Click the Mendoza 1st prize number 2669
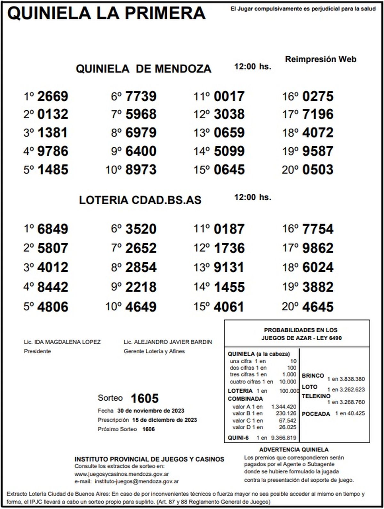tap(53, 96)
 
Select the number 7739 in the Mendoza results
tap(141, 96)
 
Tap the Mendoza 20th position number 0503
tap(318, 170)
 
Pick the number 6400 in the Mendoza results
tap(141, 151)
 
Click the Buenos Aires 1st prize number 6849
tap(53, 229)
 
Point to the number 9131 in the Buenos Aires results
tap(229, 267)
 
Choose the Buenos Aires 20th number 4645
tap(318, 307)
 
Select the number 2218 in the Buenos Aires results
tap(141, 287)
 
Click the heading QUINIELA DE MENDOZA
tap(143, 69)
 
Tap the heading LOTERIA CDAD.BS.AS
tap(140, 200)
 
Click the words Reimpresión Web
tap(320, 59)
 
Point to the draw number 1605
tap(145, 398)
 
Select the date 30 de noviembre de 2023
tap(151, 411)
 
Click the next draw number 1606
tap(148, 429)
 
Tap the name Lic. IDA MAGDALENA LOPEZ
tap(62, 342)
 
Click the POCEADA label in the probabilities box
tap(316, 414)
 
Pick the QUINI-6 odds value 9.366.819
tap(284, 438)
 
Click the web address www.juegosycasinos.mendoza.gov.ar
tap(122, 474)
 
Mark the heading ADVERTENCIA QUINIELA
tap(294, 450)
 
